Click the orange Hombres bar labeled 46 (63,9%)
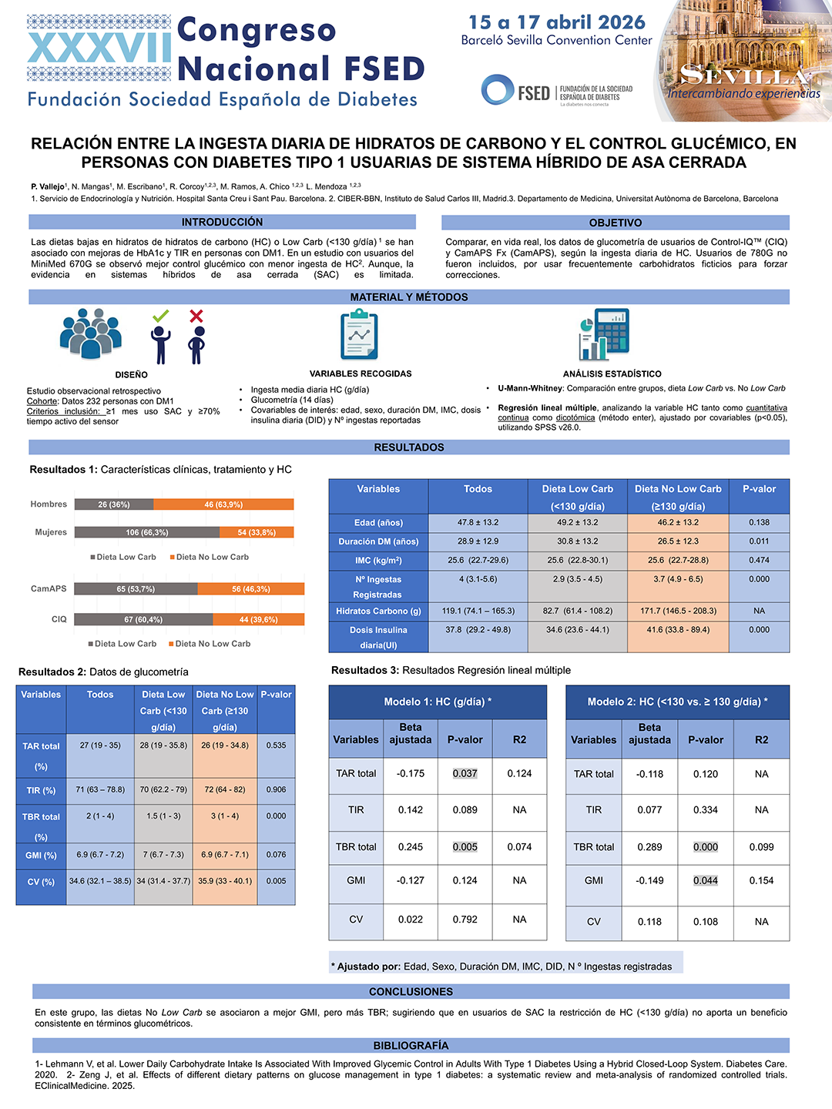[x=223, y=504]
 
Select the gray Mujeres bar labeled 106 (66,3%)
[x=147, y=532]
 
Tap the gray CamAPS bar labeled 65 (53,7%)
[x=136, y=588]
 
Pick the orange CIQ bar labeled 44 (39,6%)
[x=258, y=619]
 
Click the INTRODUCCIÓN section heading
[x=223, y=222]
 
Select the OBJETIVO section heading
[x=616, y=223]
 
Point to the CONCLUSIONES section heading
[x=411, y=992]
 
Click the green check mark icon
[x=161, y=317]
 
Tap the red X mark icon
[x=196, y=317]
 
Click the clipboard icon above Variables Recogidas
[x=359, y=334]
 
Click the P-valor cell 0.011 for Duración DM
[x=759, y=541]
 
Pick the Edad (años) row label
[x=377, y=522]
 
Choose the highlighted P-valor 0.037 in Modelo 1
[x=465, y=773]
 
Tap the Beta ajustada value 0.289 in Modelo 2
[x=649, y=847]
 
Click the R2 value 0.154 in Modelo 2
[x=761, y=880]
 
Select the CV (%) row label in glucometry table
[x=41, y=882]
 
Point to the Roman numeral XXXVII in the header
[x=99, y=48]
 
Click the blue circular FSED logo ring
[x=497, y=90]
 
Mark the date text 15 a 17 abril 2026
[x=557, y=22]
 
